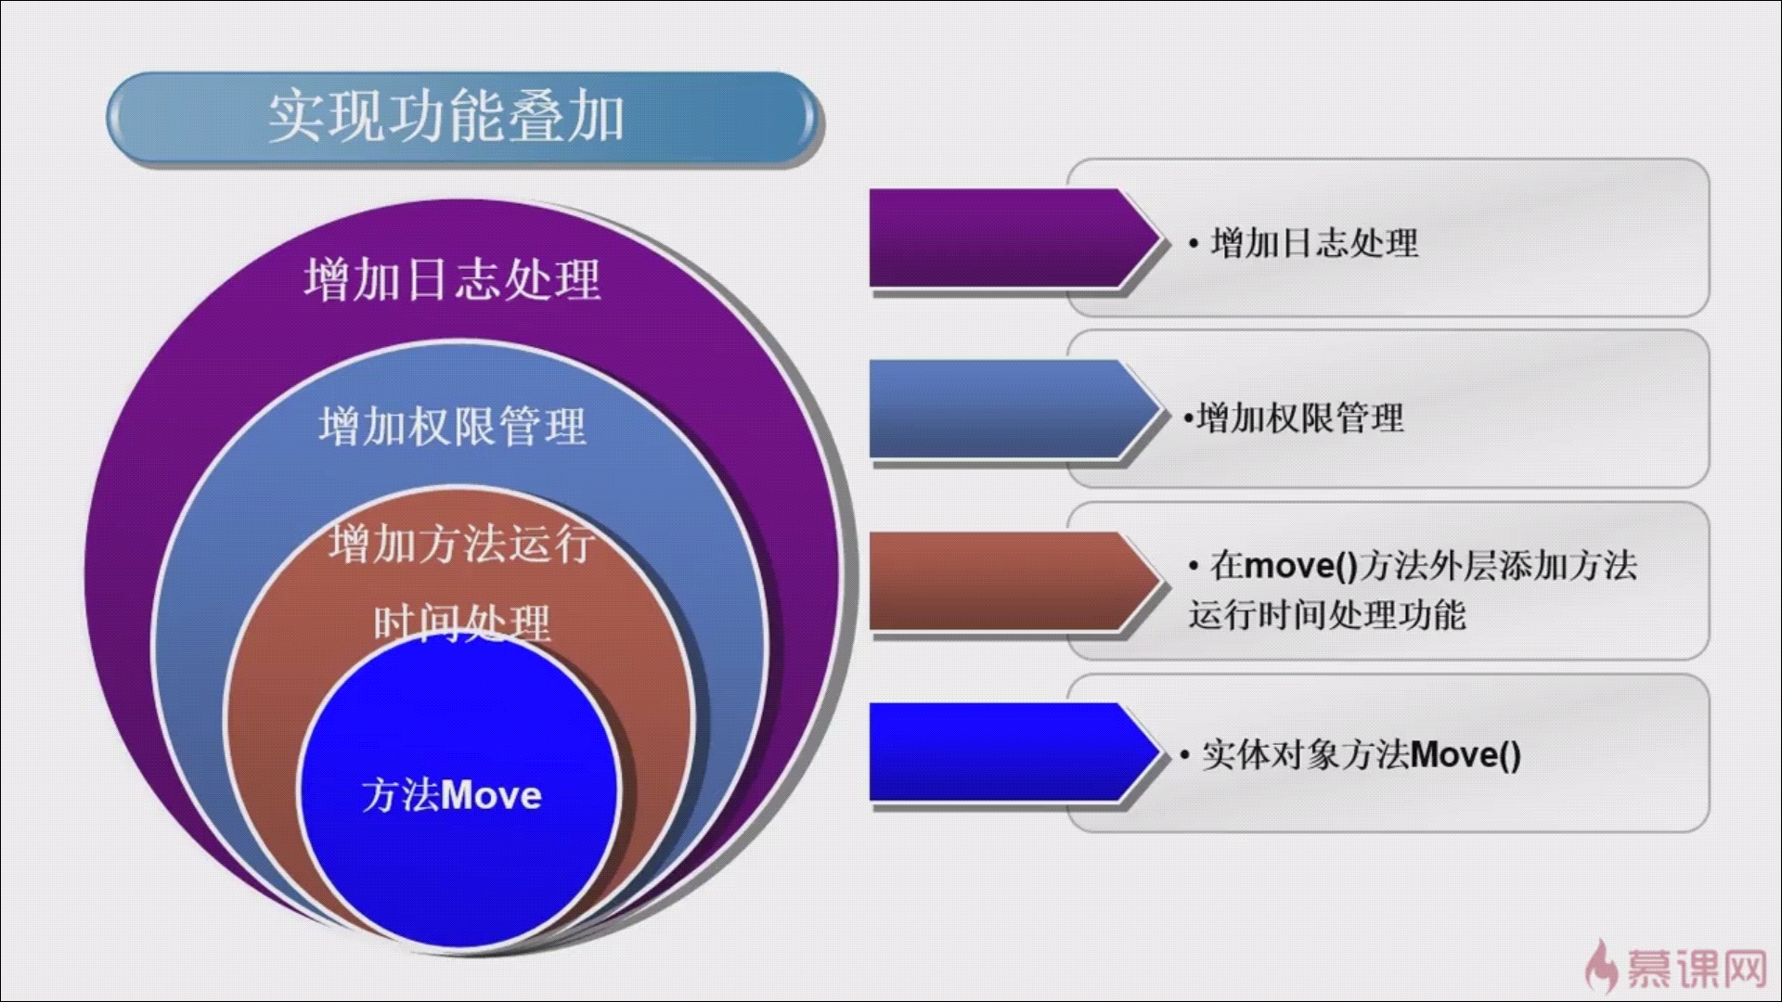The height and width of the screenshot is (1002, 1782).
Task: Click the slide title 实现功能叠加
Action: click(x=445, y=118)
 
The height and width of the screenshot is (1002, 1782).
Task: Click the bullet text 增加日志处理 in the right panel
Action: click(x=1315, y=243)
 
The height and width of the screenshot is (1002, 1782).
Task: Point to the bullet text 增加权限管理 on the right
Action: click(x=1300, y=418)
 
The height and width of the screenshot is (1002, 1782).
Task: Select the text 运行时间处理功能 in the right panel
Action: click(x=1327, y=615)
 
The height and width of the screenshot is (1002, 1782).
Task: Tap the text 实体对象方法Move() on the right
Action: click(x=1362, y=755)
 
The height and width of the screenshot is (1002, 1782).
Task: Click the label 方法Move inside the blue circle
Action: click(x=452, y=795)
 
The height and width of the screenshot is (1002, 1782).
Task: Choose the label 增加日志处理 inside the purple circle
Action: click(x=453, y=278)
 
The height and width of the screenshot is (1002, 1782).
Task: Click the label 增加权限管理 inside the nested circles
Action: click(x=453, y=426)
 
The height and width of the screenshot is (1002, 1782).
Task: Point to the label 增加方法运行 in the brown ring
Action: click(x=461, y=544)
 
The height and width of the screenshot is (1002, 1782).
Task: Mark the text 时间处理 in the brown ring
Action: click(x=462, y=623)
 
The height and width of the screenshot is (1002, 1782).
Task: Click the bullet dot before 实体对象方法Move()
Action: click(x=1185, y=756)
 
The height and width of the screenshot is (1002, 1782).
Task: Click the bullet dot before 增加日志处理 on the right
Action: click(x=1194, y=245)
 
